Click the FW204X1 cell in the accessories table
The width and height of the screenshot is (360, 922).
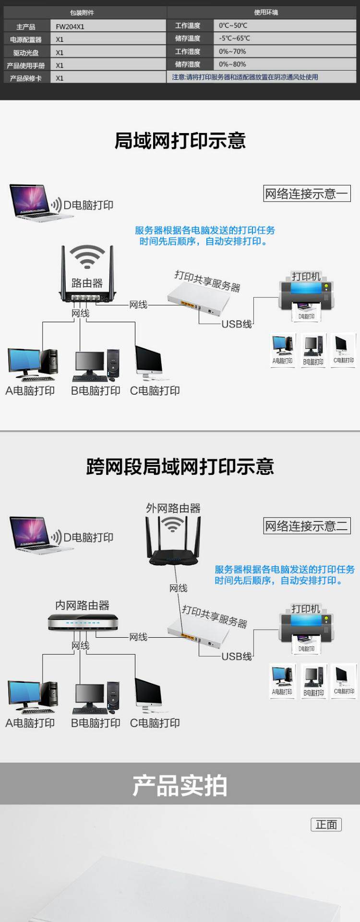coord(70,27)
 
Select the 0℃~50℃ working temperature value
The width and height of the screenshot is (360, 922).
coord(233,25)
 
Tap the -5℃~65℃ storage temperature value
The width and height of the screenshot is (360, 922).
coord(234,38)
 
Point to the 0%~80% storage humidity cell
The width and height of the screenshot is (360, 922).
coord(232,64)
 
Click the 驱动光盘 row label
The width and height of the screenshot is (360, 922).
coord(26,53)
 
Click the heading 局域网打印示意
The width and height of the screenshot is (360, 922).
coord(180,141)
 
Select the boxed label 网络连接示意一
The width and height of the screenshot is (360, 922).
coord(307,194)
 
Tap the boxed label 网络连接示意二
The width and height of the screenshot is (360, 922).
coord(307,526)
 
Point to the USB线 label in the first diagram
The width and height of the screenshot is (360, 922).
coord(237,324)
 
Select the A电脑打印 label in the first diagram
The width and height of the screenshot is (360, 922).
coord(30,391)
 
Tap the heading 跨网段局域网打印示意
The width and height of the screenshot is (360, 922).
coord(180,467)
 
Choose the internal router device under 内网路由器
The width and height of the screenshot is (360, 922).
coord(82,622)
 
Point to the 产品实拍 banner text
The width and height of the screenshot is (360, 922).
coord(180,786)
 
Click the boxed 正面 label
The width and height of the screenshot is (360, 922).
coord(326,825)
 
